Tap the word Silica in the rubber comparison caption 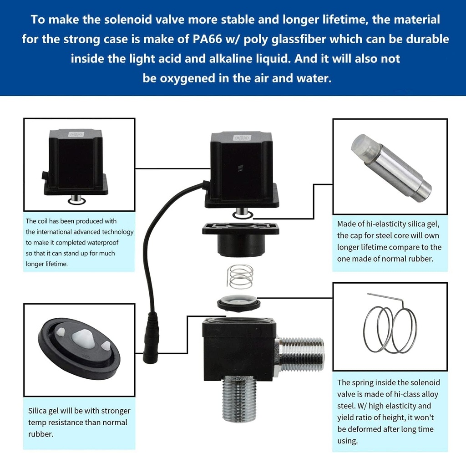tap(38, 411)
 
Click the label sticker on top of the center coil tap(241, 138)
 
